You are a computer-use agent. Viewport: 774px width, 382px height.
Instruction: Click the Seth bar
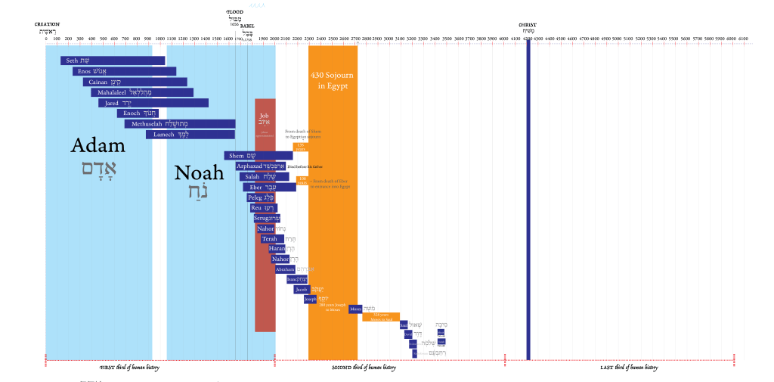coord(113,61)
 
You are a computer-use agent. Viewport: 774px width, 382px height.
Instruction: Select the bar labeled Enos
coord(125,71)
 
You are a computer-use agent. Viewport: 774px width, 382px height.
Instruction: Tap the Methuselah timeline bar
coord(180,124)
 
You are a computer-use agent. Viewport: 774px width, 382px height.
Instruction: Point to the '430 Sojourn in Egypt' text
coord(333,80)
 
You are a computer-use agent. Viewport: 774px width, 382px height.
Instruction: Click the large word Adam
coord(98,146)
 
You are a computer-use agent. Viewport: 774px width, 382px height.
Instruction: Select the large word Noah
coord(200,173)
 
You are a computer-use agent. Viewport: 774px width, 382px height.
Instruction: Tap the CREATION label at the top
coord(47,25)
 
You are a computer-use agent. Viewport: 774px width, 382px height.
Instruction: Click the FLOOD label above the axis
coord(235,13)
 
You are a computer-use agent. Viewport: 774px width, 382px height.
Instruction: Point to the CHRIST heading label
coord(528,25)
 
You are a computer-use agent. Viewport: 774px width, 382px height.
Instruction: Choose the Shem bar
coord(258,156)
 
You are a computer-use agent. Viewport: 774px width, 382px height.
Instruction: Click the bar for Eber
coord(269,187)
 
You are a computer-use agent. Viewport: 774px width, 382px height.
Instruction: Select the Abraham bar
coord(285,269)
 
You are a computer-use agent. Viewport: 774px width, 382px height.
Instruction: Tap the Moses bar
coord(355,309)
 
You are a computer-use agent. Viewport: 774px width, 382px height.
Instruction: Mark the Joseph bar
coord(310,299)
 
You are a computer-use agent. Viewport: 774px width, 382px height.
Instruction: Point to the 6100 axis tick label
coord(743,39)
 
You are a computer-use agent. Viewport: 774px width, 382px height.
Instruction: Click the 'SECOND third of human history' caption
coord(364,368)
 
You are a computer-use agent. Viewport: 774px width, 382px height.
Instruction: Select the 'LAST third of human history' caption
coord(629,368)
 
